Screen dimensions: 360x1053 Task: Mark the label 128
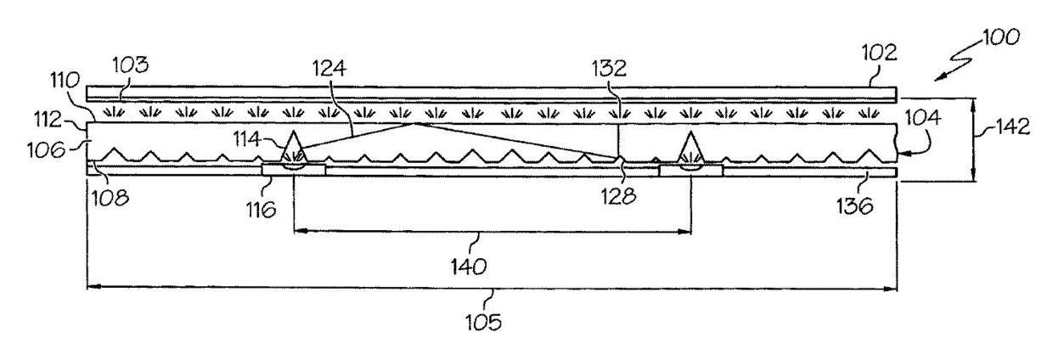[626, 196]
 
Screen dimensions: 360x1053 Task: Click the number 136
[858, 205]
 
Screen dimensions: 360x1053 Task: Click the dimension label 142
[1011, 127]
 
